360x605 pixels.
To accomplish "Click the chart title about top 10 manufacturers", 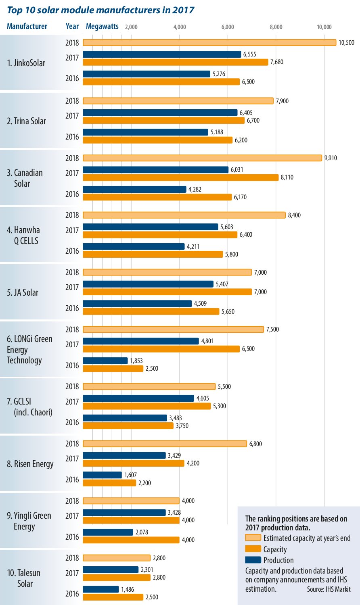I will point(100,10).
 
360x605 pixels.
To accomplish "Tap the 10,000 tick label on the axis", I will point(324,27).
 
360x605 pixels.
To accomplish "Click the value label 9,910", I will point(330,158).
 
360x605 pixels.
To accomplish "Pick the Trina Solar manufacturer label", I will point(27,121).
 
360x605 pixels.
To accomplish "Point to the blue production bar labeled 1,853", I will point(105,361).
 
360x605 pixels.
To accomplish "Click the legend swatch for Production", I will point(253,560).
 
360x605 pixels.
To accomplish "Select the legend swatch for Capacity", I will point(253,549).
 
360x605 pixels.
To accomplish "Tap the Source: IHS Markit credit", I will point(329,589).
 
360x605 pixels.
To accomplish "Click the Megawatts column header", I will point(103,26).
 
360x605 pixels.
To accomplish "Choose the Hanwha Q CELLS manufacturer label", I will point(23,236).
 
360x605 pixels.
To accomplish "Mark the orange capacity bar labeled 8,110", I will point(180,177).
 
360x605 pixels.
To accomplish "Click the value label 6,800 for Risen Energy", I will point(255,444).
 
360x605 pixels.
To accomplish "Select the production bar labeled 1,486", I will point(101,589).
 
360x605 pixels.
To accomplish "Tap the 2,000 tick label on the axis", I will point(131,27).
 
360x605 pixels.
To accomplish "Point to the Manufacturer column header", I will point(27,26).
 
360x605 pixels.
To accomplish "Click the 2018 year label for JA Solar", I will point(72,272).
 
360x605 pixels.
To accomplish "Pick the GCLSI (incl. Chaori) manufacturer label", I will point(29,407).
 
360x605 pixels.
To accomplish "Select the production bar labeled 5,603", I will point(150,227).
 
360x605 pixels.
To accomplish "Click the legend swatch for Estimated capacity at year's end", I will point(253,538).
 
